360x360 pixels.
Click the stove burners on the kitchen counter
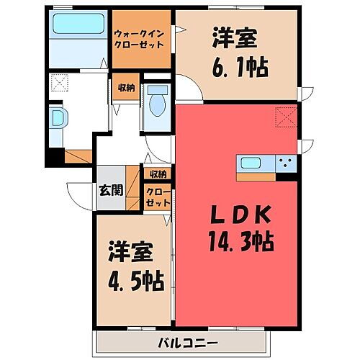coord(287,163)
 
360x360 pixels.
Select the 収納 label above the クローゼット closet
coord(158,174)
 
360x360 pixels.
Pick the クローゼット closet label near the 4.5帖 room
coord(158,197)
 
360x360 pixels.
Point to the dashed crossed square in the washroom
coord(58,84)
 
